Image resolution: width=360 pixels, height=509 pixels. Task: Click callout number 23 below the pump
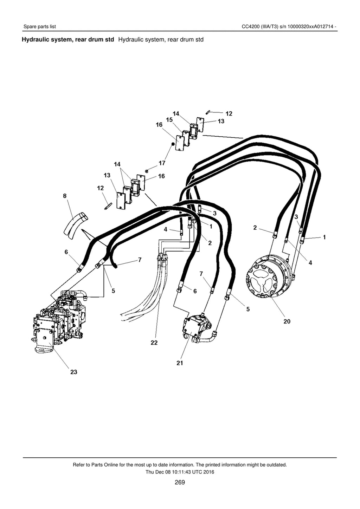74,372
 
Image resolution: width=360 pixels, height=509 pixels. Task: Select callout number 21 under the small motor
180,363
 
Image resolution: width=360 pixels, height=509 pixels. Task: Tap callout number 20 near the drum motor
287,321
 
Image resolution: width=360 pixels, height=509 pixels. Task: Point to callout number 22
154,342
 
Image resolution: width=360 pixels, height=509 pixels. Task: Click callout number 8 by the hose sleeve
65,196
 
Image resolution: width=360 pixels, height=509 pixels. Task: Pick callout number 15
169,120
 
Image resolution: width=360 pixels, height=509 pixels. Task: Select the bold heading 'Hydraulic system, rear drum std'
68,40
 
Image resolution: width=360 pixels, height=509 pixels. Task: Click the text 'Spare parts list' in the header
40,27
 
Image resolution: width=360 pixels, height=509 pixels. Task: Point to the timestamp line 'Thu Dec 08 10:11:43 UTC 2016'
180,472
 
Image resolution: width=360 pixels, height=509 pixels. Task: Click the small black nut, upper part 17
173,144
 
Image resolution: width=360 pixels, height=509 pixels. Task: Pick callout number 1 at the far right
324,237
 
